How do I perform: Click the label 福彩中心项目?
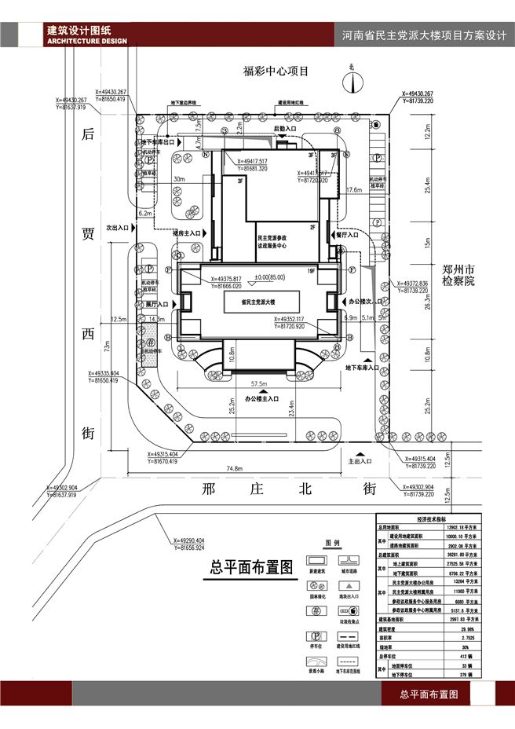pos(277,71)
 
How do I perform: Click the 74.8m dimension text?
pos(233,469)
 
